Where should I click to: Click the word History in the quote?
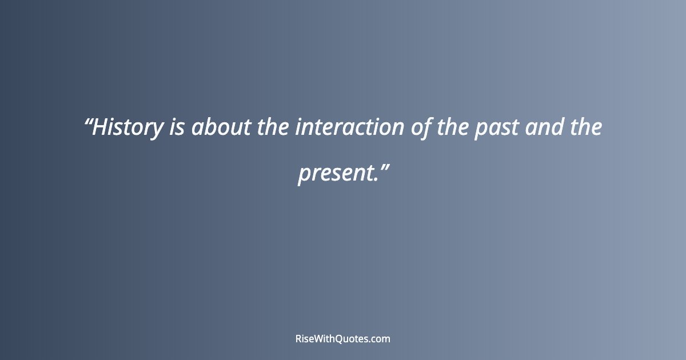127,127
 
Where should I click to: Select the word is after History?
176,127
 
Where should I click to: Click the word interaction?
349,127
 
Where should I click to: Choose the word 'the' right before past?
453,127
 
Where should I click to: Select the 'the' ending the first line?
586,127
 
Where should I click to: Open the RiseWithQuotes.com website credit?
343,338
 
